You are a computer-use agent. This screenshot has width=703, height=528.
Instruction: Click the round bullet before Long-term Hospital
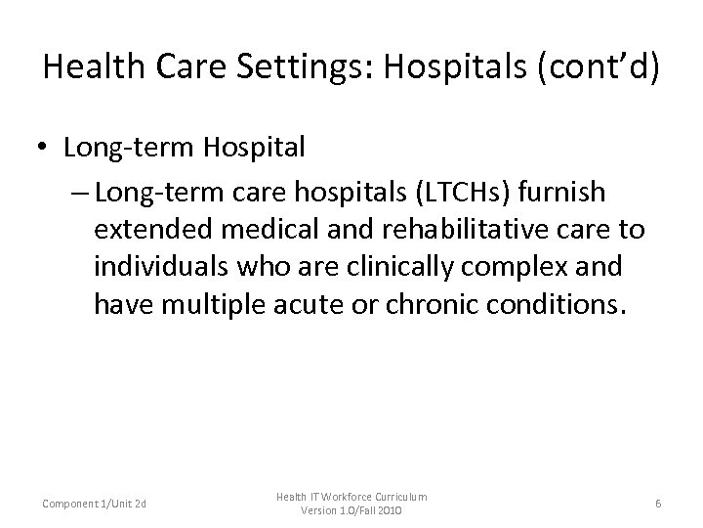click(x=45, y=148)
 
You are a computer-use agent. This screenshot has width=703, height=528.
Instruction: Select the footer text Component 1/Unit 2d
click(x=96, y=504)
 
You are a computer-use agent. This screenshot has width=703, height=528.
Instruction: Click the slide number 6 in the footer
click(x=659, y=504)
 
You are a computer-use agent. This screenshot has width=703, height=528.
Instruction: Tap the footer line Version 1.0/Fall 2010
click(x=351, y=511)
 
